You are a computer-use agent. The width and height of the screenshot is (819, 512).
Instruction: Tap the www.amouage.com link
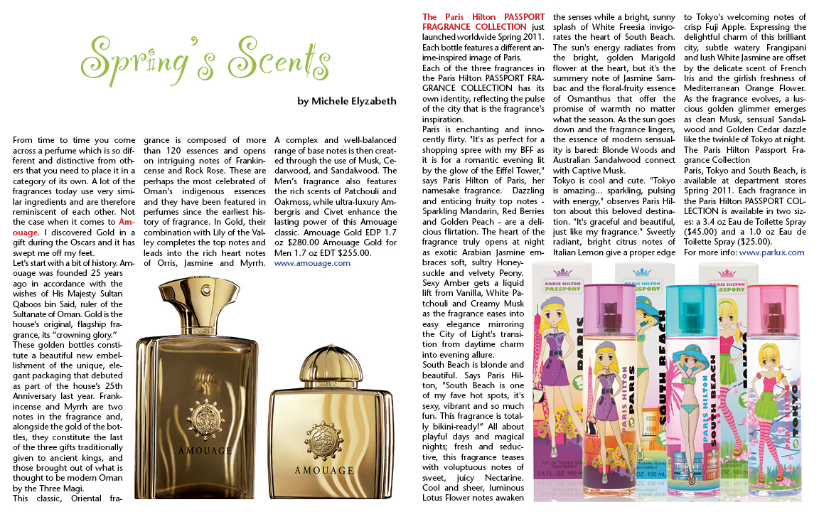312,263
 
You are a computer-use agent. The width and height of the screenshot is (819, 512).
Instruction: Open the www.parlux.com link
771,252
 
